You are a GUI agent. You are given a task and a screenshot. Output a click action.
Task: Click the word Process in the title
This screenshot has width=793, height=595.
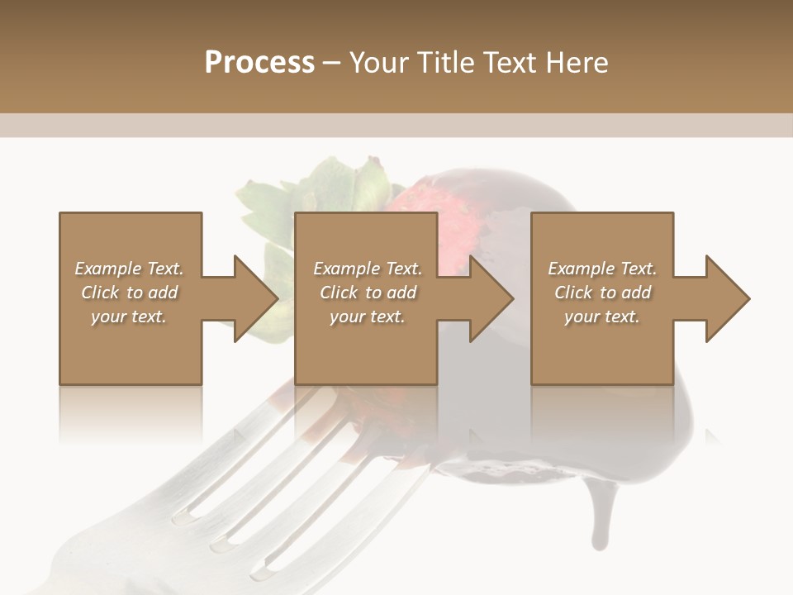259,63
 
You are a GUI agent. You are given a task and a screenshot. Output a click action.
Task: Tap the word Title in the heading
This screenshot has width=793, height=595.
444,63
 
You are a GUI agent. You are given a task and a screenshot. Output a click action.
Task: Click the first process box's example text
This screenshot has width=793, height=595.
130,293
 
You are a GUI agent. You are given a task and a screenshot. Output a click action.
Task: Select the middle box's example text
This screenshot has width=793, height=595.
368,293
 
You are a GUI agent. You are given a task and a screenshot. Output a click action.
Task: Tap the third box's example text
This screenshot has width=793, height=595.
602,293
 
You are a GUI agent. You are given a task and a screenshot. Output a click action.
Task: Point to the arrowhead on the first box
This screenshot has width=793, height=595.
256,298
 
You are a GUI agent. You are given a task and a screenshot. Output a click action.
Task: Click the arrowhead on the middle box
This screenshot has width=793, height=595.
491,298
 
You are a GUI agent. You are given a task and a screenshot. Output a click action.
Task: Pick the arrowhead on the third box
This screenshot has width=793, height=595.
728,298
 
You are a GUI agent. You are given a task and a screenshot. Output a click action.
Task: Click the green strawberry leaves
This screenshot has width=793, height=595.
330,186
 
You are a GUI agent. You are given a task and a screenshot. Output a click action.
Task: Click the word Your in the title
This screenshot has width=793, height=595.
378,63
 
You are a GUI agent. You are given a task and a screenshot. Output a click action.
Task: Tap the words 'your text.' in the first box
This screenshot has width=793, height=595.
129,317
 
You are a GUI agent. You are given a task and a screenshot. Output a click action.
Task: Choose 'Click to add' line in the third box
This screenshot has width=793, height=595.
602,293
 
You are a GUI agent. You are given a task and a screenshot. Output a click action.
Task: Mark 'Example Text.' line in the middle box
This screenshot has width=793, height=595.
368,269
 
